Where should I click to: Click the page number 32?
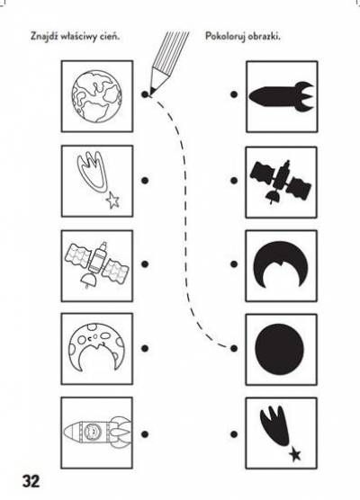pos(31,481)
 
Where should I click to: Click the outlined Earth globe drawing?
pos(96,96)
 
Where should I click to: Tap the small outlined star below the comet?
pos(112,201)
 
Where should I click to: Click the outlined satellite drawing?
pos(96,264)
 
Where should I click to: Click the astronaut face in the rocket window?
pos(92,432)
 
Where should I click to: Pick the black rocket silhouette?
pos(282,96)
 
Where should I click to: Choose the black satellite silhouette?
pos(281,182)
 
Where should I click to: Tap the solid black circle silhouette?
pos(280,349)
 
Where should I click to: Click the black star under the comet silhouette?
pos(295,454)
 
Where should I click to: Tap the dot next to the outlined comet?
pos(145,181)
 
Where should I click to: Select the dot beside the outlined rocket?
pos(145,434)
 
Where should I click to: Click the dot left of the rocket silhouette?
pos(234,94)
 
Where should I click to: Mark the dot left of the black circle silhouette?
pos(234,348)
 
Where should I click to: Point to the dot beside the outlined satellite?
pos(145,264)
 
